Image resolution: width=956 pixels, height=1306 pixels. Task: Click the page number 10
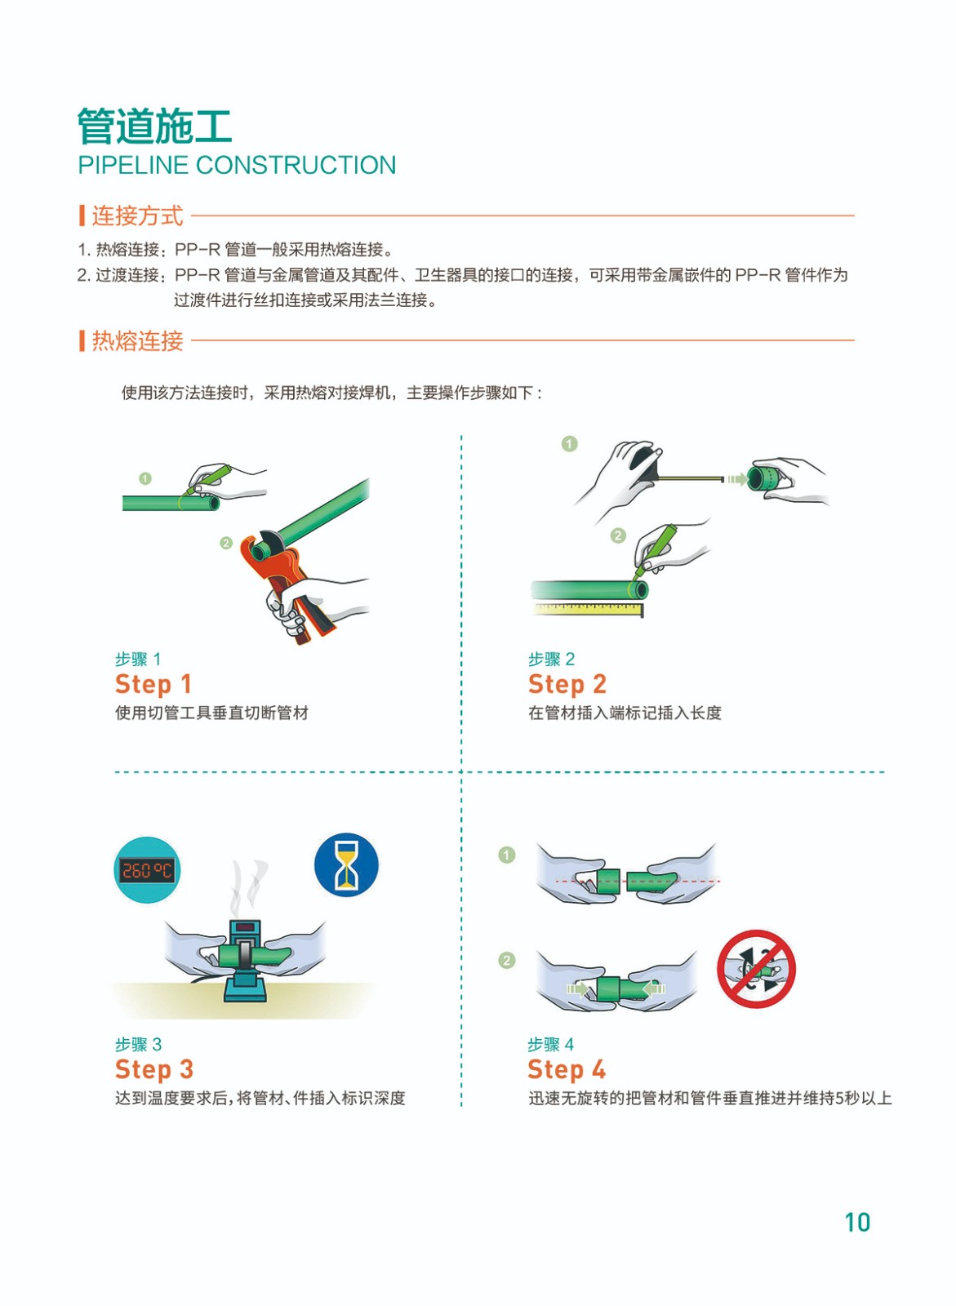(857, 1223)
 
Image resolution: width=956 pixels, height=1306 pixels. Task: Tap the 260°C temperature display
(147, 870)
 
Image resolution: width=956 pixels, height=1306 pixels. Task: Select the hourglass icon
(346, 865)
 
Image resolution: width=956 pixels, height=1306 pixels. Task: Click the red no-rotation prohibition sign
(756, 968)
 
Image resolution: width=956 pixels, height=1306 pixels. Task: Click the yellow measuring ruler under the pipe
(588, 609)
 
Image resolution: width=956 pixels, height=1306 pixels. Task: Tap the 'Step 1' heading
(153, 685)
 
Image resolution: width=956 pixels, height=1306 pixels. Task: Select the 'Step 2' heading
(567, 685)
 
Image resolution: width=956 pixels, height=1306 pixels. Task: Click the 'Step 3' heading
(154, 1069)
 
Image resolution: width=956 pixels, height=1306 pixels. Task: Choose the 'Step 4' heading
(567, 1069)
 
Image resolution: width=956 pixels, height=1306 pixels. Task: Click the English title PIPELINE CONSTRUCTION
(237, 165)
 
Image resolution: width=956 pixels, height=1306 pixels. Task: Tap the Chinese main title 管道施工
(154, 126)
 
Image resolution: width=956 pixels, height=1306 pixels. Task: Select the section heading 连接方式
(138, 215)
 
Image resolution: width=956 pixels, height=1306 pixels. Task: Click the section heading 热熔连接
(138, 340)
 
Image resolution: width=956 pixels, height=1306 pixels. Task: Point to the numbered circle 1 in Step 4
(507, 855)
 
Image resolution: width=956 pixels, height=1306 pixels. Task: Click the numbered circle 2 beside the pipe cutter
(226, 543)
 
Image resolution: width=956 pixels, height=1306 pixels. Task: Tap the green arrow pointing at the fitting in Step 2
(737, 479)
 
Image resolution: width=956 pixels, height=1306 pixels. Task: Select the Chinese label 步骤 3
(138, 1044)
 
